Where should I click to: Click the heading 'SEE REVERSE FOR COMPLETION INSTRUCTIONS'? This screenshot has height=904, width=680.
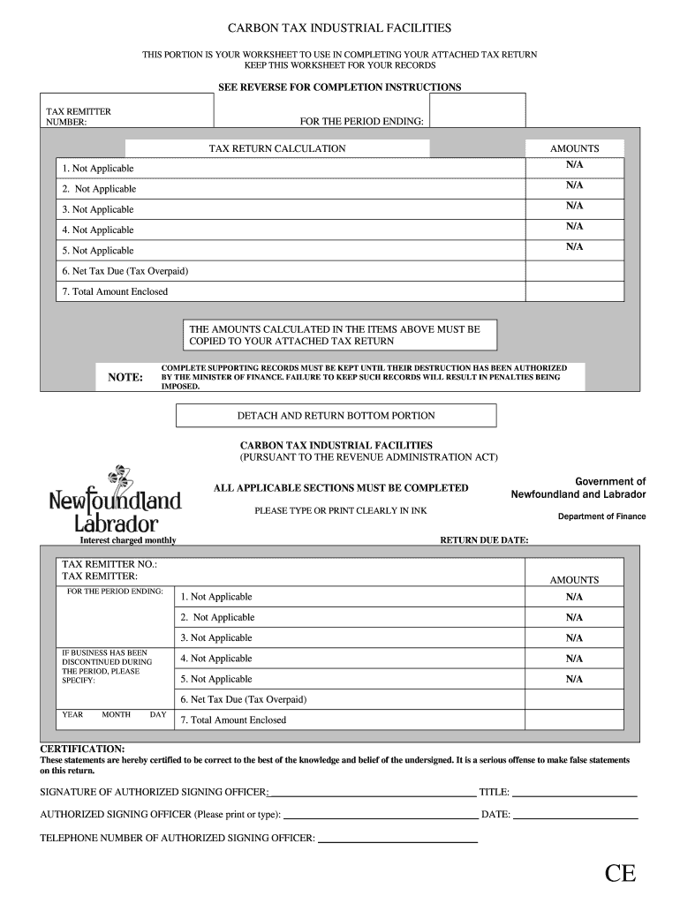click(339, 87)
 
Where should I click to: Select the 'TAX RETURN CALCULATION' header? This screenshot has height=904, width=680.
click(276, 148)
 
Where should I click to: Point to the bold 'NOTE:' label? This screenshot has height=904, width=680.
click(125, 378)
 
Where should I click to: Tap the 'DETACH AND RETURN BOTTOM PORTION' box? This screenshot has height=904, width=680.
click(336, 415)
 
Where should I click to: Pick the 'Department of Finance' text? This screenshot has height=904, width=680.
click(601, 516)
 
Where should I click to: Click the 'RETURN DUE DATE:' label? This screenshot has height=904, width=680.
click(484, 540)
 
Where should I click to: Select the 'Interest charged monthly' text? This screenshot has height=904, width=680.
click(128, 540)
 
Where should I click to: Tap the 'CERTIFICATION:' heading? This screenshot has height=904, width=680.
click(83, 748)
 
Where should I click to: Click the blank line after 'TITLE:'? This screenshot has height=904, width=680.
click(575, 795)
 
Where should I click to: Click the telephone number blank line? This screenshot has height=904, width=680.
click(397, 841)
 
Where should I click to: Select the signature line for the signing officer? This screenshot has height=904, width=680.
click(371, 795)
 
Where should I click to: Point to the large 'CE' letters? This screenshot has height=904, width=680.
click(620, 874)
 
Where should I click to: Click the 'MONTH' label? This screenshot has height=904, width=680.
click(116, 714)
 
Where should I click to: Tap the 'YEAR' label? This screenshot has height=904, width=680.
click(72, 714)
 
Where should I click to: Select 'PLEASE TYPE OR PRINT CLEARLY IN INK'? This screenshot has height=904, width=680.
click(340, 510)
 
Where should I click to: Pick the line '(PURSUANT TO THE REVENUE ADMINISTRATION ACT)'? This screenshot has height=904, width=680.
click(368, 457)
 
